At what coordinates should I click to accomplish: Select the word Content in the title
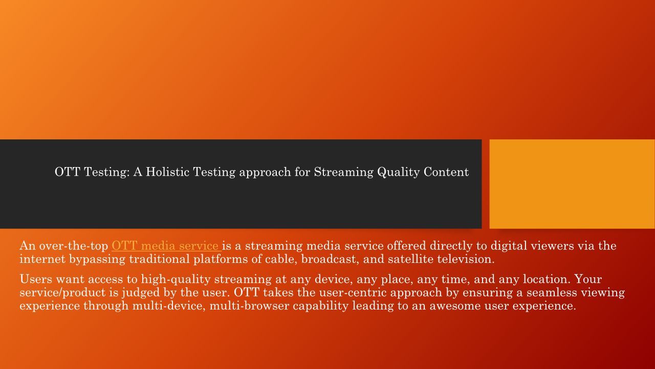446,172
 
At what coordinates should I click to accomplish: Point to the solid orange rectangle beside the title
572,184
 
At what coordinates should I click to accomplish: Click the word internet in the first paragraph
42,259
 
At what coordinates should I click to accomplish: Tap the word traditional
160,259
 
